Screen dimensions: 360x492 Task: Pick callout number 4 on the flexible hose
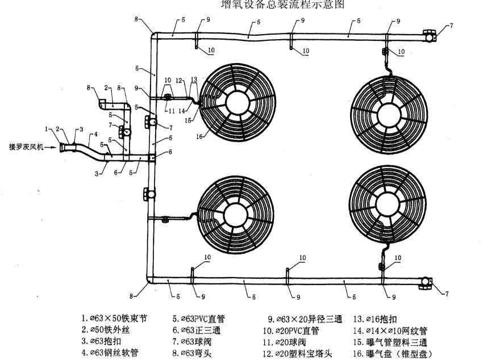(95, 134)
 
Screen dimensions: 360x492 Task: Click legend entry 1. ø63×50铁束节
(114, 319)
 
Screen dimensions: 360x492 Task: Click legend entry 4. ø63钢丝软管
(110, 353)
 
